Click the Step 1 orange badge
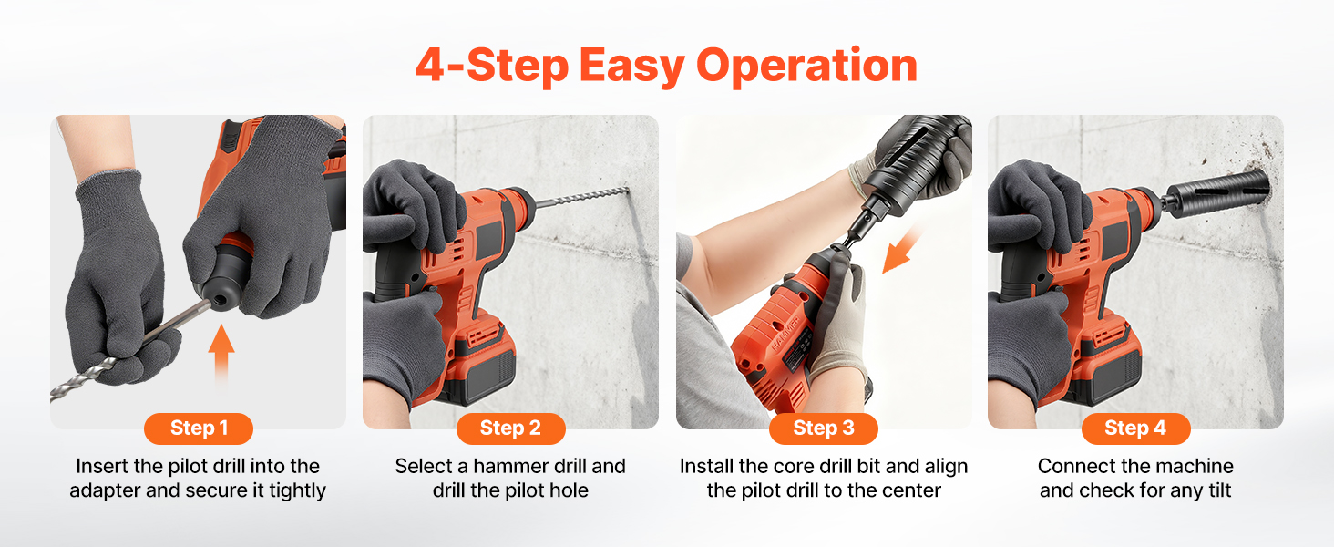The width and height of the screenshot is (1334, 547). [199, 428]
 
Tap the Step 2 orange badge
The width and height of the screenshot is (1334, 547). [511, 428]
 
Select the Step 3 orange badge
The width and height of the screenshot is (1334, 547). [824, 428]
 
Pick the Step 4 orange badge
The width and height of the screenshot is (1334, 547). [1135, 428]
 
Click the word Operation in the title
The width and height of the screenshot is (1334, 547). [806, 67]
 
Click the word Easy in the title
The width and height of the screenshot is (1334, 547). [631, 67]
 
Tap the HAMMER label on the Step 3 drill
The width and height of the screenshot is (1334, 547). [786, 335]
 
